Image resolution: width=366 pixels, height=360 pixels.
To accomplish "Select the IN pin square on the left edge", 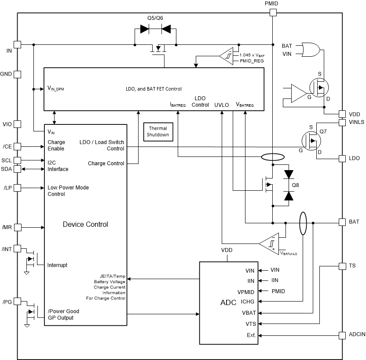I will (x=18, y=44).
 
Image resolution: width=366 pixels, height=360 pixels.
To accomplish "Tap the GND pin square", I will (x=18, y=74).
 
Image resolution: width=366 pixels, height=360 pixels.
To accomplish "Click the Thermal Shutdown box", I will (x=158, y=131).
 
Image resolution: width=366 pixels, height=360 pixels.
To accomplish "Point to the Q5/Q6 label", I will (x=155, y=18).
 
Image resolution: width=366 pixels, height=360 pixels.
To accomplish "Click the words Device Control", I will (x=85, y=224).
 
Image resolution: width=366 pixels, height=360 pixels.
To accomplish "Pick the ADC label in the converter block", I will (x=228, y=303).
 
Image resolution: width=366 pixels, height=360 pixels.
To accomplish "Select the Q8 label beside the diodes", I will (x=295, y=185).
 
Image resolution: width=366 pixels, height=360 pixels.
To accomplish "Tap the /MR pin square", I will (x=18, y=227).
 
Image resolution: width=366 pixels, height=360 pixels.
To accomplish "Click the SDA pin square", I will (x=18, y=169).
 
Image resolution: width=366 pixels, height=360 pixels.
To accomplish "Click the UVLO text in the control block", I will (x=222, y=105).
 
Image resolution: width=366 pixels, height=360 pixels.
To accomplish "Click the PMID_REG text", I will (x=252, y=61).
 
